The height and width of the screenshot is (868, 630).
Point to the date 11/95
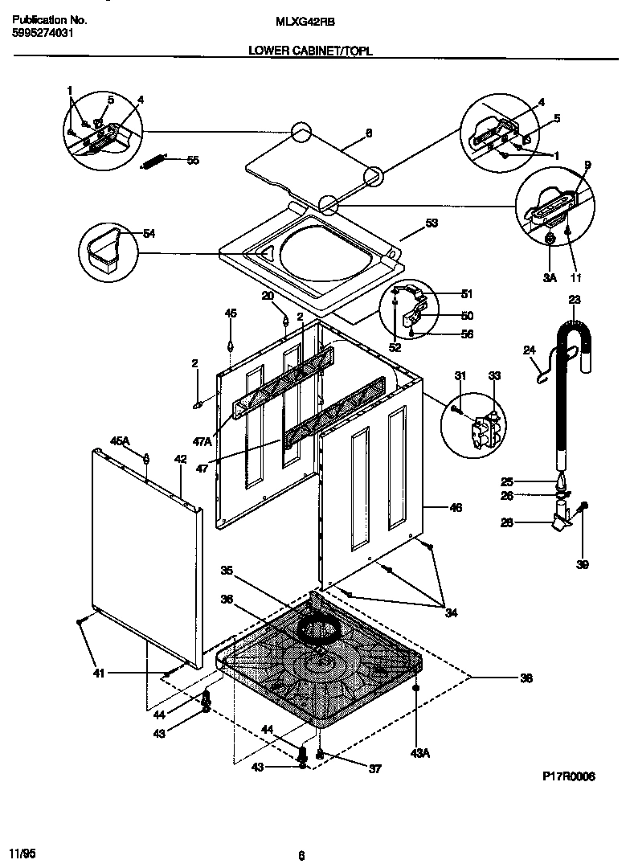(x=22, y=851)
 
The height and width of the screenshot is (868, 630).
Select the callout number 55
(x=192, y=160)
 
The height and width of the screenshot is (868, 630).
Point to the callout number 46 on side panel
(x=455, y=507)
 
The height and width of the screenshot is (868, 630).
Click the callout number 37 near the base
(x=374, y=768)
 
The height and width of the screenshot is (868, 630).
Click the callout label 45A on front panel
(x=119, y=440)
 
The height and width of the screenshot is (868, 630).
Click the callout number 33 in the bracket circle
(x=493, y=375)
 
